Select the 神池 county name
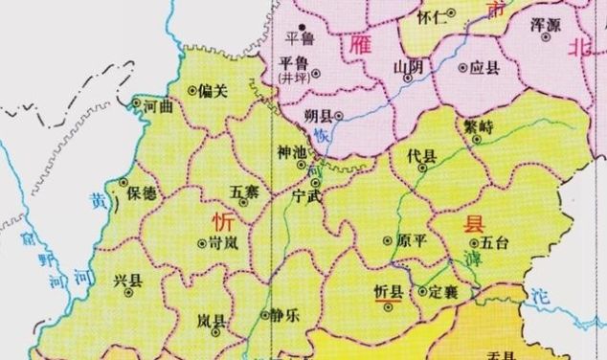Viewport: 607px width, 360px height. point(292,153)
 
